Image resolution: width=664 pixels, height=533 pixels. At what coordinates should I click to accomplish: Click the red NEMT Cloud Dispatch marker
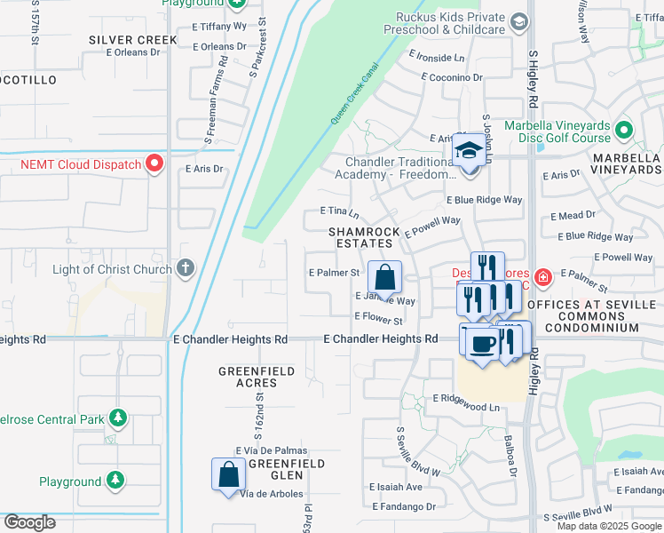(154, 163)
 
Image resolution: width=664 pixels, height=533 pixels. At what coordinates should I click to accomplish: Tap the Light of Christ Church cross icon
(185, 268)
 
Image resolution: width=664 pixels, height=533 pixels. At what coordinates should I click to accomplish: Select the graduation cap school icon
(467, 151)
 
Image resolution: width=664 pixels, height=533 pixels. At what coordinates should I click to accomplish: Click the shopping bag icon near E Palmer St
(385, 276)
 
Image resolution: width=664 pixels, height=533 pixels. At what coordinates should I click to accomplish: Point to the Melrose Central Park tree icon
(116, 418)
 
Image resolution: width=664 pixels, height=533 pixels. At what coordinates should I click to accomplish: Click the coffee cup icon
(481, 343)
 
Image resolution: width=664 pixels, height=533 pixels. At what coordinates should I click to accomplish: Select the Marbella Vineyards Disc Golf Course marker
(624, 131)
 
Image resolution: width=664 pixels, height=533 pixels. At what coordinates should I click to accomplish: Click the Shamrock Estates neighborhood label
(361, 237)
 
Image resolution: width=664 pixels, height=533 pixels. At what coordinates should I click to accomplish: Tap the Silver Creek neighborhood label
(132, 40)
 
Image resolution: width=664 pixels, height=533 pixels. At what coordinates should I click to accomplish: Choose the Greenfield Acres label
(249, 377)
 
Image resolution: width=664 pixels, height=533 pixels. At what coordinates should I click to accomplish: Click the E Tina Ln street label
(339, 212)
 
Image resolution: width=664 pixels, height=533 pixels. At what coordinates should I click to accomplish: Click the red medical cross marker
(542, 277)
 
